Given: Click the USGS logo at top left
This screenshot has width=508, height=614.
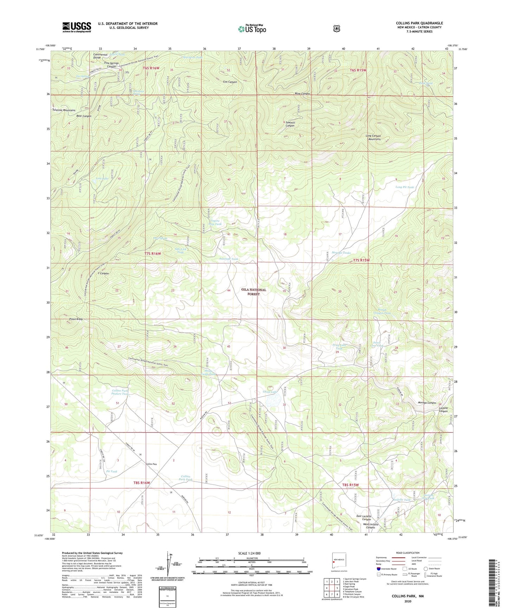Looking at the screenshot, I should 77,27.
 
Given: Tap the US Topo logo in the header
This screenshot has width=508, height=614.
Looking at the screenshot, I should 252,28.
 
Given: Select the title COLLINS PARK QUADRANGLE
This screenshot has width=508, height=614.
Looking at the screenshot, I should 419,23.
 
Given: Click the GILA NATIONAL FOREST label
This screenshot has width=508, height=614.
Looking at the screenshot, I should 253,292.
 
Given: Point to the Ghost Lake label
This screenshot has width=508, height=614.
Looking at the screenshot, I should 270,392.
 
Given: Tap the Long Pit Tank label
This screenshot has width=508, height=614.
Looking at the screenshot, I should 404,187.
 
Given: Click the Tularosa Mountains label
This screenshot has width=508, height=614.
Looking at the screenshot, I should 64,110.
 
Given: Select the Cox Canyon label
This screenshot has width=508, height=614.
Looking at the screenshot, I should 230,82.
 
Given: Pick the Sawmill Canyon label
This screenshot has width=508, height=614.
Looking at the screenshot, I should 290,124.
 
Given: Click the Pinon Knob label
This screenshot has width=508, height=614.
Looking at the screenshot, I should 76,319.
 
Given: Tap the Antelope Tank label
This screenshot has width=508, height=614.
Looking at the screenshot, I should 229,259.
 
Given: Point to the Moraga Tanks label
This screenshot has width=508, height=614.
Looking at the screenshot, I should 341,252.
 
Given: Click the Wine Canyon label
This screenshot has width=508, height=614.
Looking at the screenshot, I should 302,94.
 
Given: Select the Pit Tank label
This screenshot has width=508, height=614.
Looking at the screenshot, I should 111,471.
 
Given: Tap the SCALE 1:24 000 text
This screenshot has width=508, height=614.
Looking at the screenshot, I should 251,553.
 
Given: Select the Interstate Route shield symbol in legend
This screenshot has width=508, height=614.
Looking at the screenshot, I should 378,569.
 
